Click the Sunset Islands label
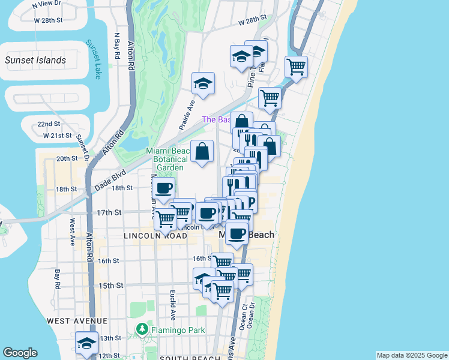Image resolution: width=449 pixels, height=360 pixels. [35, 60]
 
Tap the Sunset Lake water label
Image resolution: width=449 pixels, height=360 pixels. [95, 59]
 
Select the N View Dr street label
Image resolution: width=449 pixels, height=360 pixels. [48, 4]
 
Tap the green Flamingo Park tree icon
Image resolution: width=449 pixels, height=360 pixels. [142, 329]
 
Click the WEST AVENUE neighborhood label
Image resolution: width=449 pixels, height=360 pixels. [77, 321]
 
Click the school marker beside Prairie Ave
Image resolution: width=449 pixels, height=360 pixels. [203, 84]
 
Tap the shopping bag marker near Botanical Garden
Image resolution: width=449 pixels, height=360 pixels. [203, 152]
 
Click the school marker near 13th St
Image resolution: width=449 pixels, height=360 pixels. [87, 343]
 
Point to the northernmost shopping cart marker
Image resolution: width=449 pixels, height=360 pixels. [296, 68]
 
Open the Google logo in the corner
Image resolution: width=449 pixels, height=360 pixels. [20, 353]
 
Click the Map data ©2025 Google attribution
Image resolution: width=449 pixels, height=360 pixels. [412, 355]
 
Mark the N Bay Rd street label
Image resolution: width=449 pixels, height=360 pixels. [116, 44]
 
